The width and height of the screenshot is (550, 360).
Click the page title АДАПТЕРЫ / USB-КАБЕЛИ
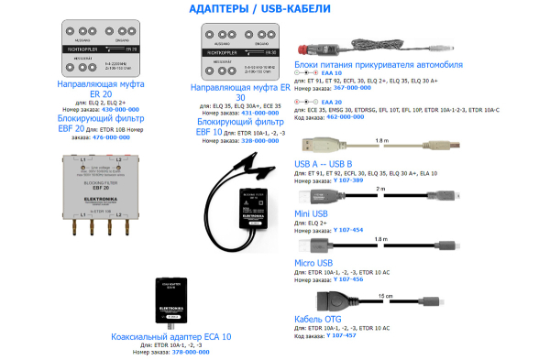pyautogui.click(x=274, y=9)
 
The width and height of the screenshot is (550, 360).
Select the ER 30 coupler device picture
pyautogui.click(x=239, y=52)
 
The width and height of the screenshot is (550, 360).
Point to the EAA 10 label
pyautogui.click(x=329, y=72)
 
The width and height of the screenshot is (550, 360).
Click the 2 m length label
pyautogui.click(x=379, y=189)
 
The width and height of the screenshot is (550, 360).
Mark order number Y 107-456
pyautogui.click(x=348, y=278)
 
